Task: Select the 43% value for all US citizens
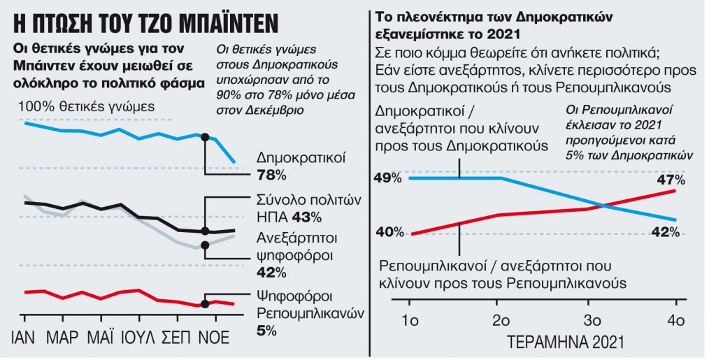(x=307, y=216)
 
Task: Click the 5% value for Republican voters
(x=266, y=329)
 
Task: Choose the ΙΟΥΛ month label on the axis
(x=138, y=338)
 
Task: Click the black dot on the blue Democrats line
(x=205, y=137)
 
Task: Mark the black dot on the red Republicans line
(x=205, y=303)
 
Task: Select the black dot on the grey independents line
(x=205, y=245)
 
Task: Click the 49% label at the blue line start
(x=389, y=178)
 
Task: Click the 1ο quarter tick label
(x=410, y=321)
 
